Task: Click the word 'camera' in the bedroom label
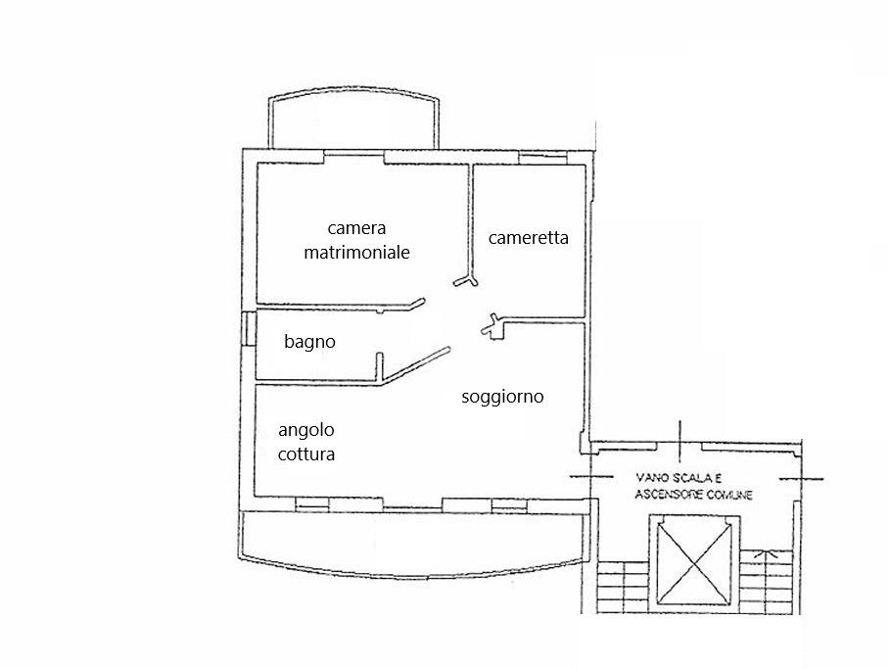pos(355,228)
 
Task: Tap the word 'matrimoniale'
pos(355,252)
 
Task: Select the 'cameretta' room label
pos(528,237)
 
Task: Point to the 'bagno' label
pos(309,342)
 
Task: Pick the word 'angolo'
pos(306,431)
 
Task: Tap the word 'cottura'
pos(306,454)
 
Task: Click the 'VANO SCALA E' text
pos(676,477)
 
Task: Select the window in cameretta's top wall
pos(536,159)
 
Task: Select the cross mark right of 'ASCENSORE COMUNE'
pos(802,478)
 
